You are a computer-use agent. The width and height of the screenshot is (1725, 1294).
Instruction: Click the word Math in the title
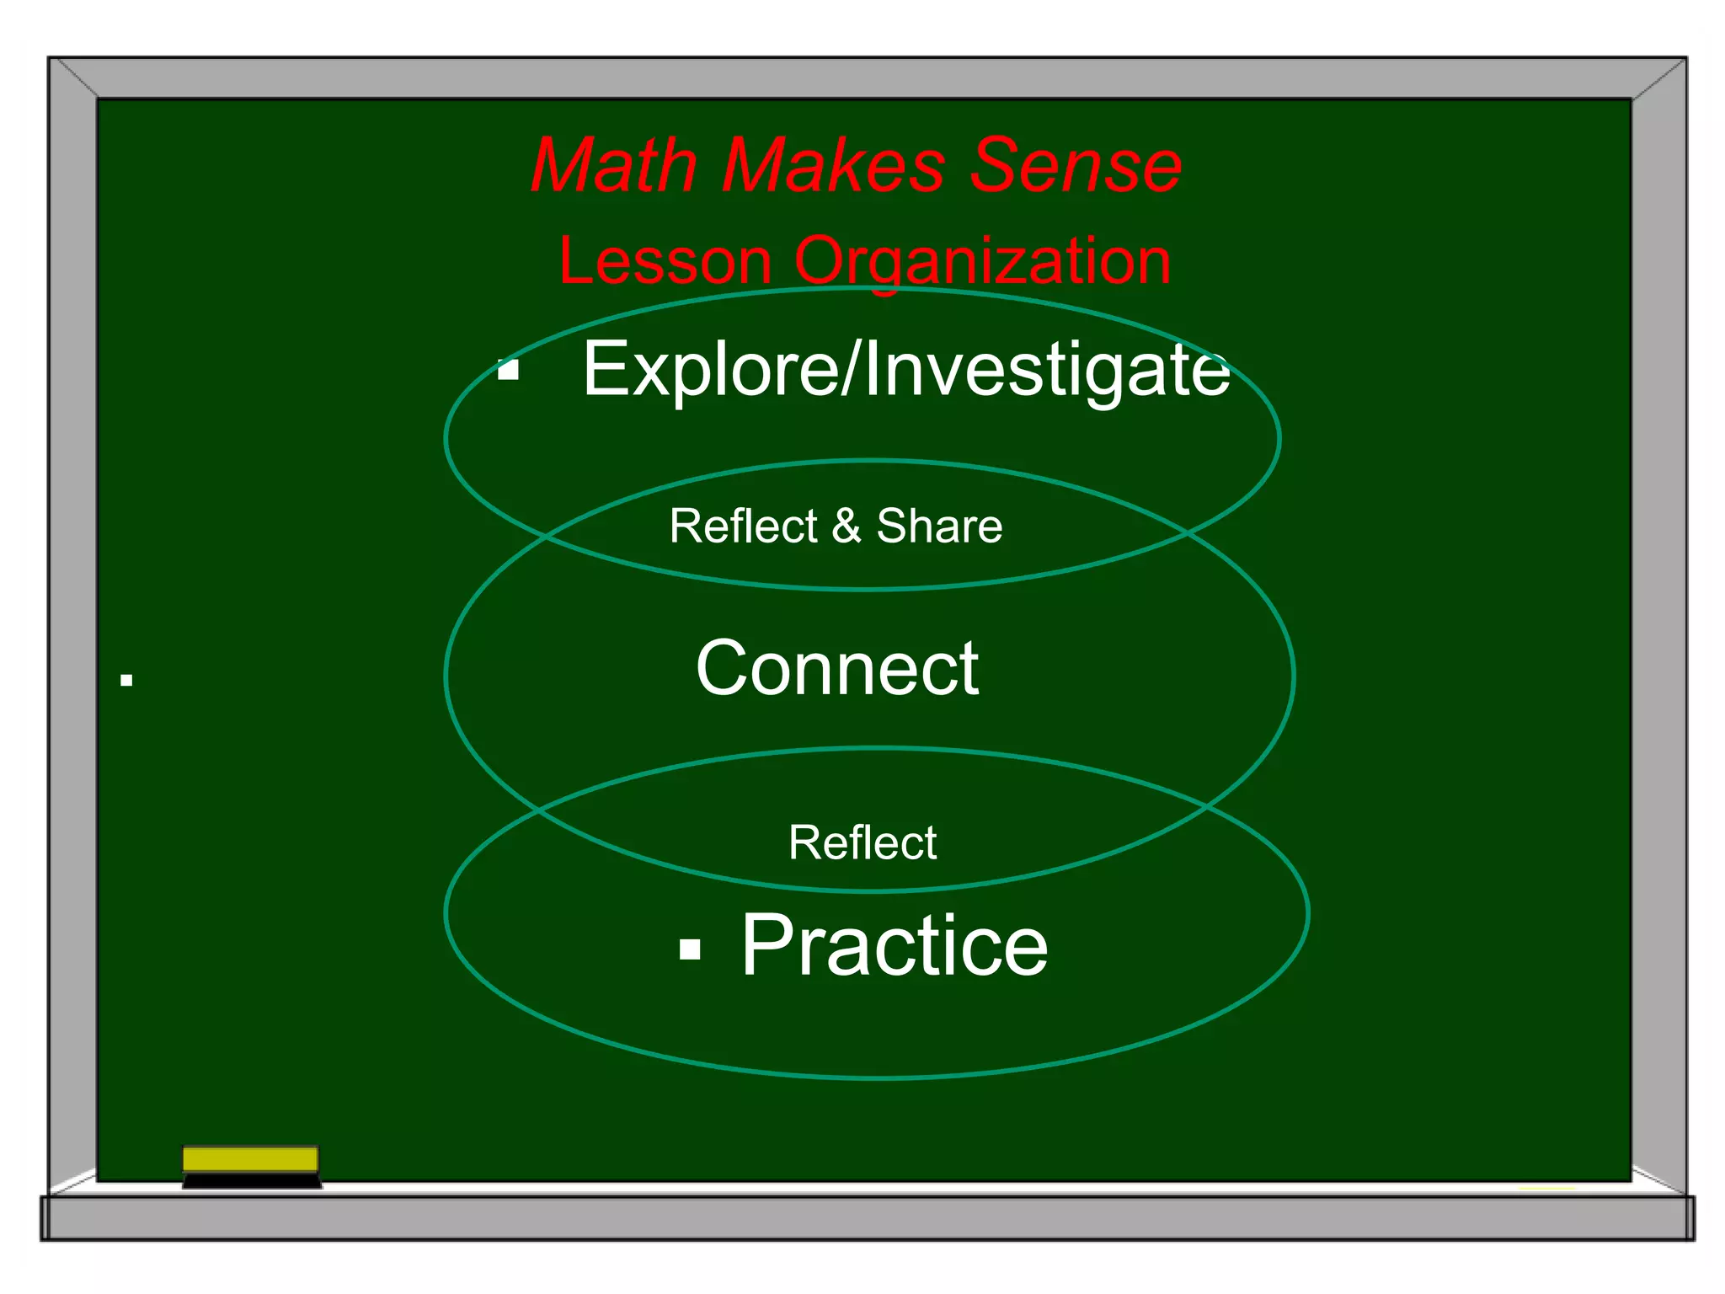[x=613, y=165]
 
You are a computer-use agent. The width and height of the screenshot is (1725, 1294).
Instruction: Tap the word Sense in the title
[x=1076, y=165]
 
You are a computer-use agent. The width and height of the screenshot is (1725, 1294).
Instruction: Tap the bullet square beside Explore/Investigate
[x=508, y=370]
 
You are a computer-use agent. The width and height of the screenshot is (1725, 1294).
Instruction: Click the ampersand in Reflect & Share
[x=846, y=527]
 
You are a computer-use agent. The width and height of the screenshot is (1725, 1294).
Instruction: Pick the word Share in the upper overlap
[x=939, y=527]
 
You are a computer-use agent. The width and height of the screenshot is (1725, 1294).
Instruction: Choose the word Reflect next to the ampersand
[x=743, y=527]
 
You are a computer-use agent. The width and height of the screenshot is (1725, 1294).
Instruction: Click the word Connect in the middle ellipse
[x=836, y=668]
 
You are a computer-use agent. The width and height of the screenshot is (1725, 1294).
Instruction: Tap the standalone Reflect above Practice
[x=862, y=842]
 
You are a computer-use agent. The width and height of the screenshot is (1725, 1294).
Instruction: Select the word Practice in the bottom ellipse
[x=894, y=946]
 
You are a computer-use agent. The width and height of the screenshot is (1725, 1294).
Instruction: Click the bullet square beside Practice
[x=690, y=949]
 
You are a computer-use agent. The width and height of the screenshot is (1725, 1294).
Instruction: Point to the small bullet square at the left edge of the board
[x=126, y=680]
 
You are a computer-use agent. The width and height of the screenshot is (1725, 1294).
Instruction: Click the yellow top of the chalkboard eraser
[x=250, y=1159]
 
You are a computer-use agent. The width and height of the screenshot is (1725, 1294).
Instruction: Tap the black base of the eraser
[x=251, y=1181]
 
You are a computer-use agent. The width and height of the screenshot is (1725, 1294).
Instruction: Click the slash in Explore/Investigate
[x=848, y=369]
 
